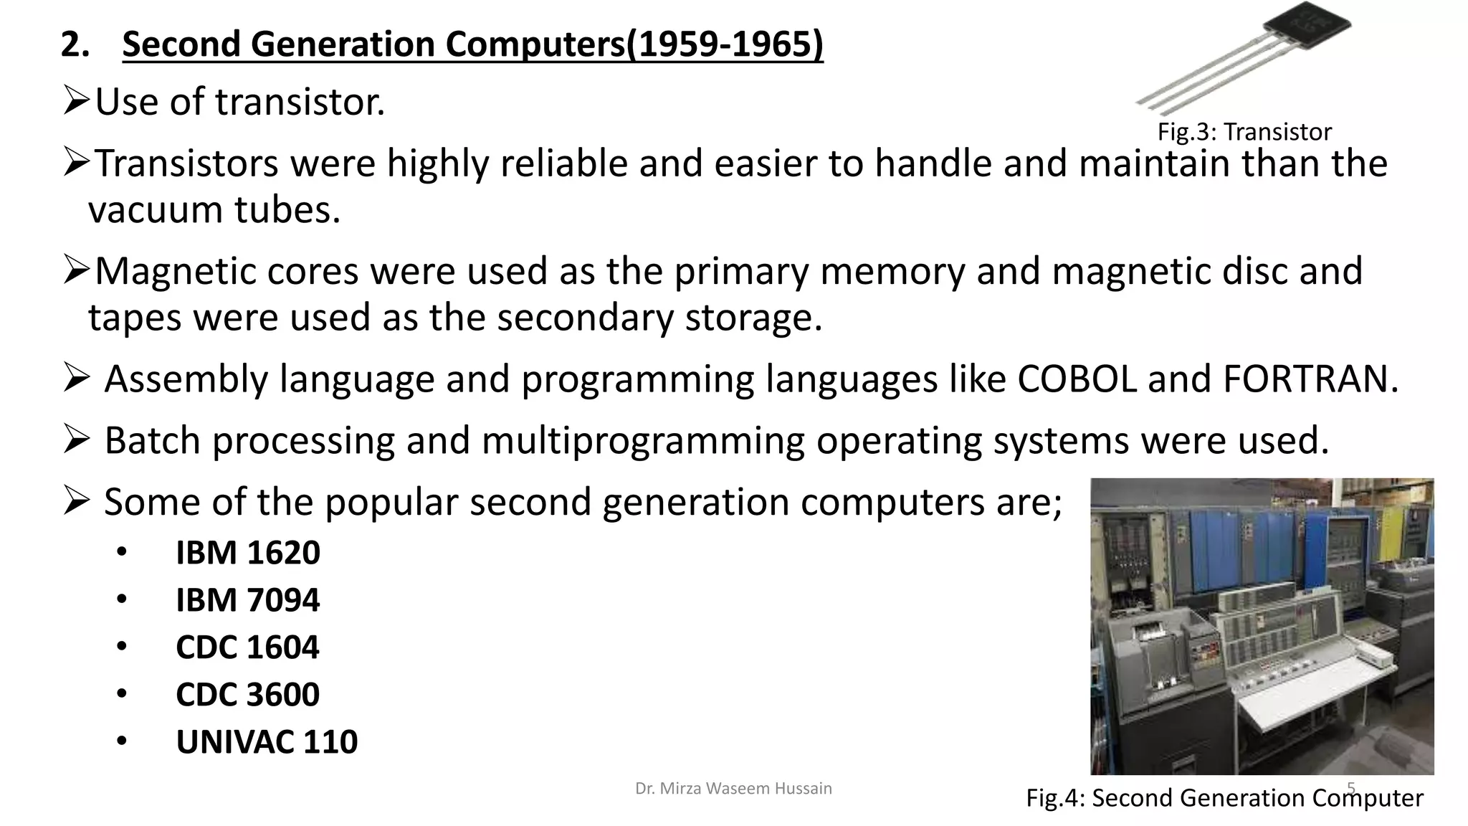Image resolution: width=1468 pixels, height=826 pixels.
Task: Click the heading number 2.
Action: pos(74,44)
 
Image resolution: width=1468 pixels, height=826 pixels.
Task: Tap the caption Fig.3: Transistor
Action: pos(1244,132)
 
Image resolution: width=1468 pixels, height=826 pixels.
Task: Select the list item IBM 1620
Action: pos(248,553)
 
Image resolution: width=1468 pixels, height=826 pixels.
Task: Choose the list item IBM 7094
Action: pos(248,600)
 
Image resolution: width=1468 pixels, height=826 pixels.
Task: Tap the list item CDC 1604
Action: pos(248,647)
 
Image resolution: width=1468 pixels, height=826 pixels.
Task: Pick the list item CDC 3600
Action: pos(248,695)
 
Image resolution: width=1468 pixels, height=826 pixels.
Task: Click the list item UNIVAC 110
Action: pos(267,742)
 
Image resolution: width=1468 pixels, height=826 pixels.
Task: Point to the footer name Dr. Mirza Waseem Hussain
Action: pos(733,789)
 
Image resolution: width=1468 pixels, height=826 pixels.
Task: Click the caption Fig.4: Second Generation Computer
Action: pos(1224,797)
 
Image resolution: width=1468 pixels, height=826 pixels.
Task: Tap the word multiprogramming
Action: pos(643,440)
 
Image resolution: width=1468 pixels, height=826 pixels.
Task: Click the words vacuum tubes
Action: pos(214,210)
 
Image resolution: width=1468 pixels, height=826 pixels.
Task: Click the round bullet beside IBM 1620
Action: pos(122,552)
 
